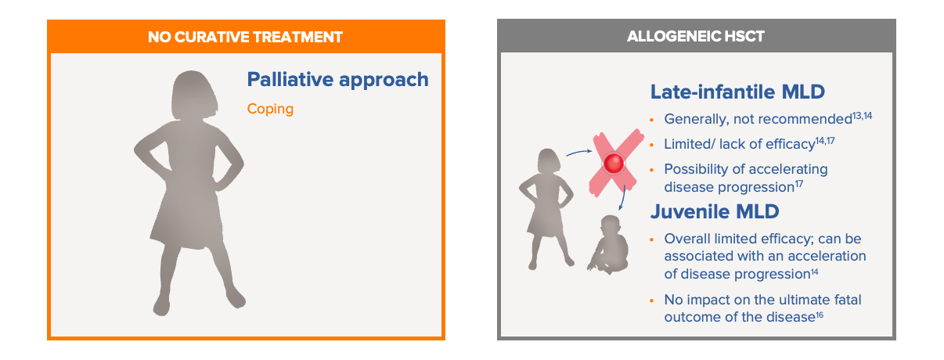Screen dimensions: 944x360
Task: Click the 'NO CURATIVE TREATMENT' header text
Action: pyautogui.click(x=245, y=37)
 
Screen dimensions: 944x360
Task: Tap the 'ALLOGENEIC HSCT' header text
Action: pyautogui.click(x=696, y=36)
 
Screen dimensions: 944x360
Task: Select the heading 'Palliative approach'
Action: pyautogui.click(x=337, y=79)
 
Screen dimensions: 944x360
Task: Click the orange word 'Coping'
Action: pyautogui.click(x=270, y=110)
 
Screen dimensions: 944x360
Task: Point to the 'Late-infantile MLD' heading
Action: pyautogui.click(x=737, y=92)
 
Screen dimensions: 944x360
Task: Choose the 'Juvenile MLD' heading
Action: pyautogui.click(x=715, y=211)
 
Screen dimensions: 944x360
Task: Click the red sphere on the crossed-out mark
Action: pyautogui.click(x=614, y=163)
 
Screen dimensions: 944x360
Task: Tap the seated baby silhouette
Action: pyautogui.click(x=608, y=245)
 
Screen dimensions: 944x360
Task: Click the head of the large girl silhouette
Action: pyautogui.click(x=194, y=95)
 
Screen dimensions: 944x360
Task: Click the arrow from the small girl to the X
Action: pyautogui.click(x=579, y=152)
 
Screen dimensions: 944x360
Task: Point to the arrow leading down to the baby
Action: pyautogui.click(x=623, y=197)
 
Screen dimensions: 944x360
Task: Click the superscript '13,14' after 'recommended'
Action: pyautogui.click(x=863, y=116)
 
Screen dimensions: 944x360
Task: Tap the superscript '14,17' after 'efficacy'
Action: pyautogui.click(x=825, y=141)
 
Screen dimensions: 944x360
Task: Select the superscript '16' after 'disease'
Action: pyautogui.click(x=820, y=315)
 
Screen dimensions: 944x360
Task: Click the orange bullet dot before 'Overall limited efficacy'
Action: pyautogui.click(x=652, y=239)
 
